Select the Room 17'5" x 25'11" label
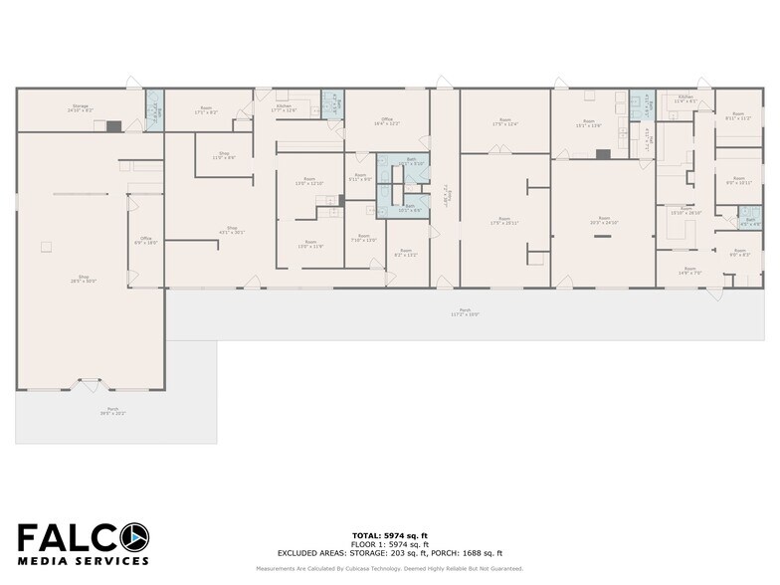point(504,221)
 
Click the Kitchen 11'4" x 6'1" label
point(685,99)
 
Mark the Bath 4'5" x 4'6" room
point(750,222)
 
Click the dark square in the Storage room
point(113,126)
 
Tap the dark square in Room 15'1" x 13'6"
point(602,154)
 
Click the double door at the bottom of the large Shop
point(91,382)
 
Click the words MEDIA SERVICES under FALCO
point(82,561)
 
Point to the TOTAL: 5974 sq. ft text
point(389,536)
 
